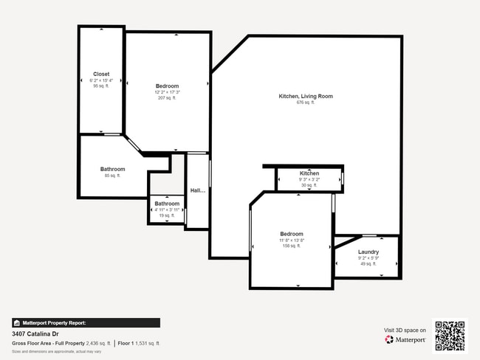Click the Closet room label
click(100, 74)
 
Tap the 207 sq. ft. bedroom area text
click(167, 98)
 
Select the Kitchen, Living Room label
click(305, 96)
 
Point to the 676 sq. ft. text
click(305, 103)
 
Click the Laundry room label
click(368, 252)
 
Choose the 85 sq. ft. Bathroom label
click(112, 169)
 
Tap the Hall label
click(197, 190)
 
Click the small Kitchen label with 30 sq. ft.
click(309, 173)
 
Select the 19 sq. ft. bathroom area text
click(166, 215)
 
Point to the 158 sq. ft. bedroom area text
click(291, 246)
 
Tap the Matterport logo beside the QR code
click(405, 340)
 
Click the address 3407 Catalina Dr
click(35, 333)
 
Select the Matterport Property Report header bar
click(86, 322)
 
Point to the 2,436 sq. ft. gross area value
click(95, 343)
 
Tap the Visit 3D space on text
click(405, 330)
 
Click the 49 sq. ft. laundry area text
click(368, 263)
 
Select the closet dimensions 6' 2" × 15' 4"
click(100, 80)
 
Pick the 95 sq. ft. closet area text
click(100, 86)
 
